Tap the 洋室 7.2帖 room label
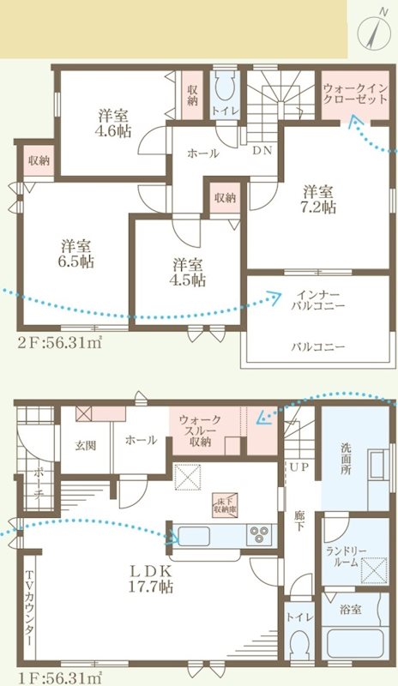tap(317, 199)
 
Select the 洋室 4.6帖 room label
tap(112, 124)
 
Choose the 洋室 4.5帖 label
tap(187, 271)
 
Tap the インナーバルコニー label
tap(317, 299)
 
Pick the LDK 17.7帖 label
tap(152, 579)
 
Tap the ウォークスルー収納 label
tap(201, 430)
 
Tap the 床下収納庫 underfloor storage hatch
tap(226, 506)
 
